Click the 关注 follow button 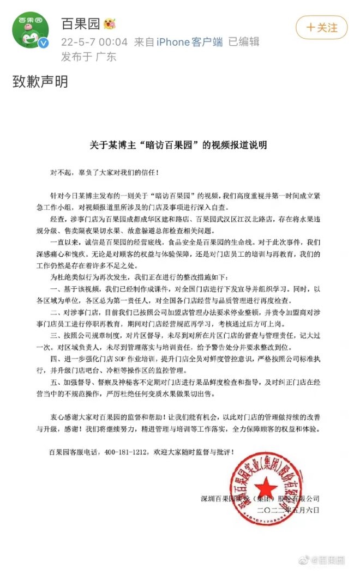pos(321,27)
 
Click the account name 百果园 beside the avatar pos(76,25)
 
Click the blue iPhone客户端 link pos(189,41)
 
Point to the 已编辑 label pos(243,41)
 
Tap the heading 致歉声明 pos(40,82)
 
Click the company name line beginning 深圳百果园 pos(260,498)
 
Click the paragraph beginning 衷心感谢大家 pos(180,423)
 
